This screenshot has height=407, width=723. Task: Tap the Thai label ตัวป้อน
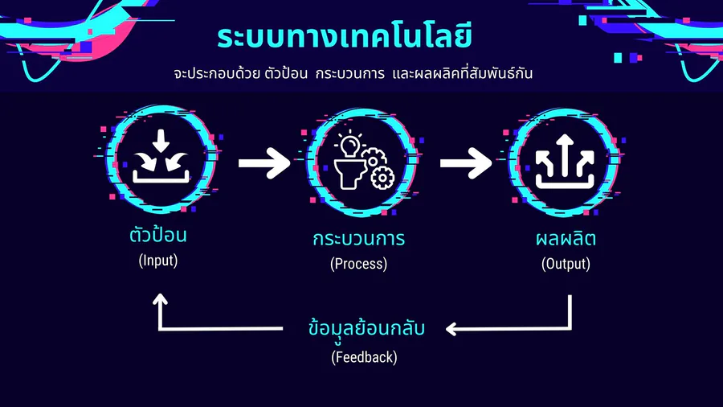[157, 233]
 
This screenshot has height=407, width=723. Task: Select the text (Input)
[158, 261]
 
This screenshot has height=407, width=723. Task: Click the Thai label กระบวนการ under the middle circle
[359, 239]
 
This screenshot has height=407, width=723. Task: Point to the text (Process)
[359, 264]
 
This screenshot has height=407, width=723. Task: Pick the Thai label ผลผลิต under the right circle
[566, 239]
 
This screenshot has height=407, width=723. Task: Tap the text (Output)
[566, 264]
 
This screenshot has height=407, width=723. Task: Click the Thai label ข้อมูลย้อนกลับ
[366, 328]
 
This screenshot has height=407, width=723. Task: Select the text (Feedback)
[364, 358]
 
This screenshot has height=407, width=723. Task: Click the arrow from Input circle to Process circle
[264, 163]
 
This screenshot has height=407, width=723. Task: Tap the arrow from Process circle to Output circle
[466, 163]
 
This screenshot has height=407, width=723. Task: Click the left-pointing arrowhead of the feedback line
[451, 329]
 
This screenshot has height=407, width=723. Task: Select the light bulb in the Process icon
[350, 145]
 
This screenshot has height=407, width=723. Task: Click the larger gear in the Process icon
[382, 178]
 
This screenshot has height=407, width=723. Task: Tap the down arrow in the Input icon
[161, 141]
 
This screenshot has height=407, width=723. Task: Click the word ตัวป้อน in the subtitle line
[286, 73]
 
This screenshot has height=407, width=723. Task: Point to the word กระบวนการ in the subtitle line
[350, 73]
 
